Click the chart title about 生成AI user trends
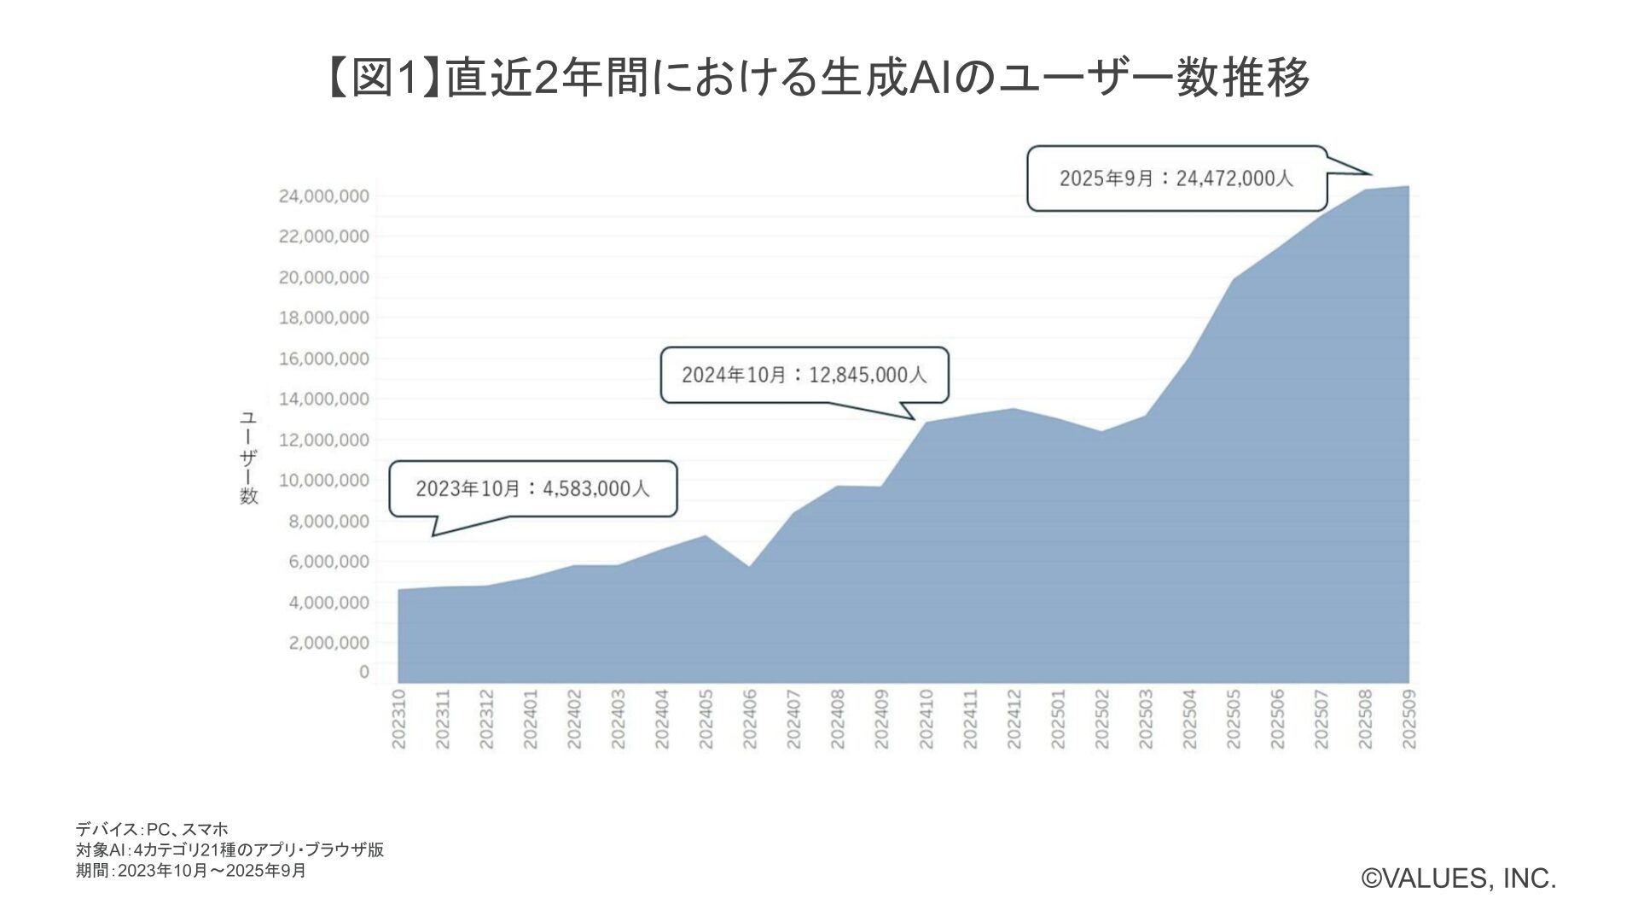point(817,78)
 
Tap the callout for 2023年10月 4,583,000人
point(532,488)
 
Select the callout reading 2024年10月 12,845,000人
point(804,374)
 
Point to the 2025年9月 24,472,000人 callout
point(1176,178)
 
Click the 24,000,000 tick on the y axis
point(324,196)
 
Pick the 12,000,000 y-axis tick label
point(324,440)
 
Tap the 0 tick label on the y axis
point(364,672)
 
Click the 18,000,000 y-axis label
point(324,318)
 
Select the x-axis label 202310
point(398,719)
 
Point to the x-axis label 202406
point(750,719)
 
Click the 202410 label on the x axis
point(926,719)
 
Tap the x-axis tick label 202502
point(1101,719)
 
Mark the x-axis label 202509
point(1409,719)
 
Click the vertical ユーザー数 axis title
point(248,458)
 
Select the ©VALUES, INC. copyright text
point(1459,878)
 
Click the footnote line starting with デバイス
point(152,829)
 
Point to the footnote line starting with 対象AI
point(229,849)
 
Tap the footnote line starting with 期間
point(191,870)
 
